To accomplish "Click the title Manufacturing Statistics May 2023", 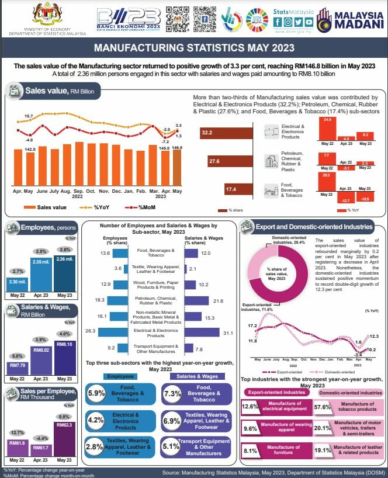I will coord(193,49).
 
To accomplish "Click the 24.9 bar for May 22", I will coord(327,129).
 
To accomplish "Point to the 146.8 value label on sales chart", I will coord(177,148).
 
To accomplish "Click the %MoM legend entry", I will coord(135,207).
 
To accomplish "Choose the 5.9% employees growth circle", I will coord(96,393).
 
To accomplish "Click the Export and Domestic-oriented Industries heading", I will coord(313,227).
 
